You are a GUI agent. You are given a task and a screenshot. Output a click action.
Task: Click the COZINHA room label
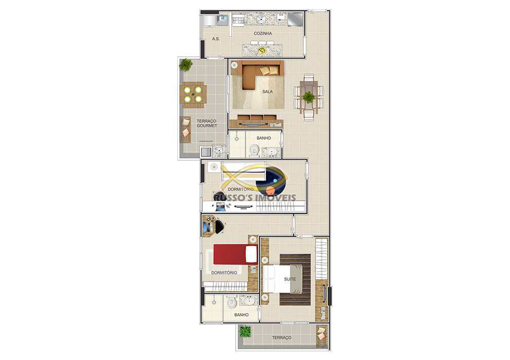tap(262, 33)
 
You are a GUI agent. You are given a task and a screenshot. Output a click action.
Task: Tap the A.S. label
tap(216, 39)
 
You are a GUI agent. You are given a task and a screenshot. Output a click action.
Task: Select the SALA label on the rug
tap(267, 92)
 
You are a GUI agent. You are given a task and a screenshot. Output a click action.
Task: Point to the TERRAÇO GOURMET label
tap(207, 123)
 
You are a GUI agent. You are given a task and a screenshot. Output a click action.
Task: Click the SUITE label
tap(289, 279)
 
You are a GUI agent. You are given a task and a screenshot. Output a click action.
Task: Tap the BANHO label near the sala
tap(264, 138)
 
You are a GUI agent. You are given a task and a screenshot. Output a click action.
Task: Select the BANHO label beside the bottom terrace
tap(241, 315)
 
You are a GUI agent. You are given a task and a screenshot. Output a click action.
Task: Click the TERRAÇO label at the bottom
tap(281, 337)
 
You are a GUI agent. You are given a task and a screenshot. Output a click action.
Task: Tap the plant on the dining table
tap(308, 97)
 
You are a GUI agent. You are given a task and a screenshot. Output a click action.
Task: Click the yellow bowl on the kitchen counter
tap(262, 50)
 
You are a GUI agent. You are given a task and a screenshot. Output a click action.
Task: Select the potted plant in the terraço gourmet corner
tap(186, 65)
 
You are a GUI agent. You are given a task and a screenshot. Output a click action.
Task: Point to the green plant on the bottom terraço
tap(245, 332)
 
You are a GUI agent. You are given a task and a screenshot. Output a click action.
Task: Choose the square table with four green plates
tap(193, 95)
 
